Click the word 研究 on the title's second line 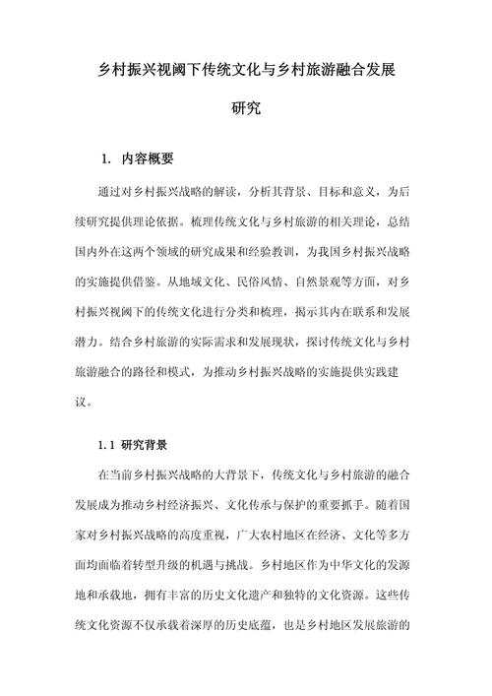pos(245,109)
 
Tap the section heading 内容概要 pos(148,158)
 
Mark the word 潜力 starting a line pos(85,345)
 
